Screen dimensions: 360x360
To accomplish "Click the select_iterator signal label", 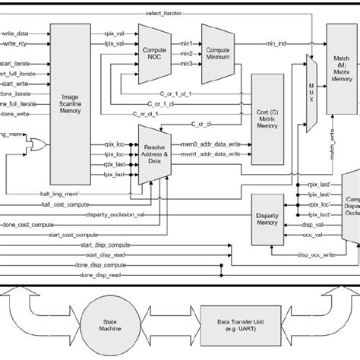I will (172, 14).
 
